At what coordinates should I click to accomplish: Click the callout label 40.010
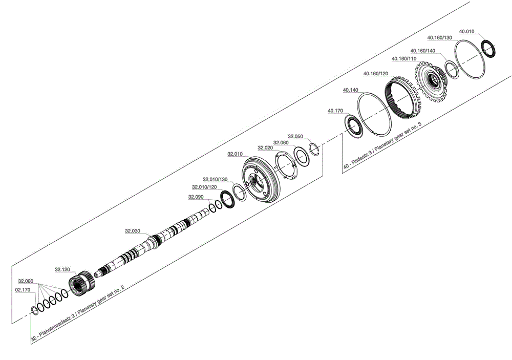pos(466,31)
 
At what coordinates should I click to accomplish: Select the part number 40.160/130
pos(440,38)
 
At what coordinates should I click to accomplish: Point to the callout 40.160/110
pos(403,59)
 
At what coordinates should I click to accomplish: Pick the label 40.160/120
pos(375,74)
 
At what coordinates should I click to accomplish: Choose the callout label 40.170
pos(335,111)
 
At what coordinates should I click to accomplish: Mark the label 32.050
pos(295,137)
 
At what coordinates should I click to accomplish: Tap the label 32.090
pos(196,197)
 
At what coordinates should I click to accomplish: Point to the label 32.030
pos(132,231)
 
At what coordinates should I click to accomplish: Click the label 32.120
pos(62,269)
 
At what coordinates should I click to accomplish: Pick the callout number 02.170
pos(23,290)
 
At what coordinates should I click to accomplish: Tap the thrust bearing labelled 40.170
pos(353,125)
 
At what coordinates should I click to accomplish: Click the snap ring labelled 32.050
pos(315,149)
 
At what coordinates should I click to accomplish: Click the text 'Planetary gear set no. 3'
pos(397,139)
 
